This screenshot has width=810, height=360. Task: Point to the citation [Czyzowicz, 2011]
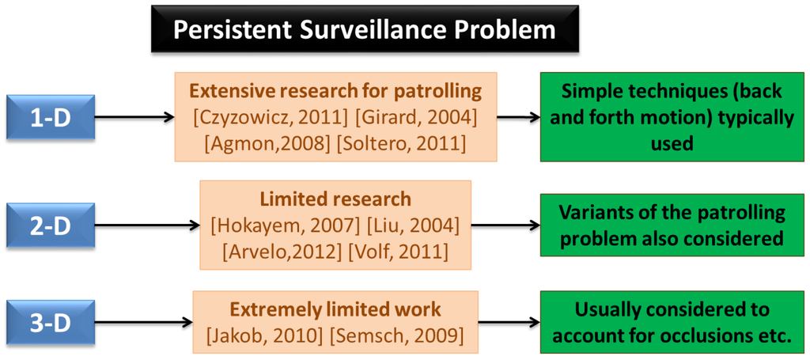click(x=270, y=117)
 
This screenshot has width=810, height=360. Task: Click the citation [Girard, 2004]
click(x=416, y=117)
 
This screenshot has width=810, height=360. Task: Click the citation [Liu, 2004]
click(x=413, y=225)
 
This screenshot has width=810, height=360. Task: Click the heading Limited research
click(x=335, y=199)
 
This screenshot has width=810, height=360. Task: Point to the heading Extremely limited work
click(x=335, y=309)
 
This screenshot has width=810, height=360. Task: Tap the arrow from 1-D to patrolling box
click(x=134, y=117)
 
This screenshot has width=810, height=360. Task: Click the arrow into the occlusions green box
click(x=509, y=322)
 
